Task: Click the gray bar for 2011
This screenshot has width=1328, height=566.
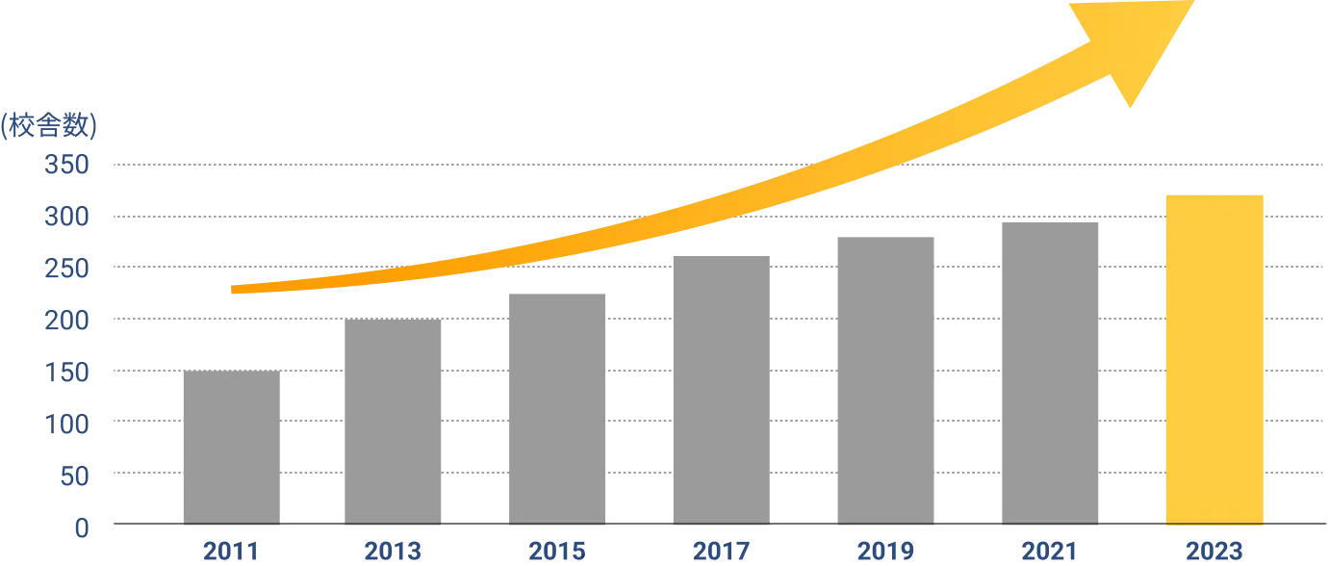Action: pos(231,449)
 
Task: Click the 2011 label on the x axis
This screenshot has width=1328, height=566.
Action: pos(231,551)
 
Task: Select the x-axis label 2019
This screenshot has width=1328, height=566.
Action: pos(884,551)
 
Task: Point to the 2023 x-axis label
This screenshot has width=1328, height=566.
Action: pos(1215,551)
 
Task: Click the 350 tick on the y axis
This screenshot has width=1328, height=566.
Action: pos(65,167)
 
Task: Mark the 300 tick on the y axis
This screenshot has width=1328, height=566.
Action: pos(65,219)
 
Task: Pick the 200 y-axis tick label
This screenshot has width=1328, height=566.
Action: pos(65,321)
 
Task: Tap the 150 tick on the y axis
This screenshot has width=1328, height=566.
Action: pos(65,373)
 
